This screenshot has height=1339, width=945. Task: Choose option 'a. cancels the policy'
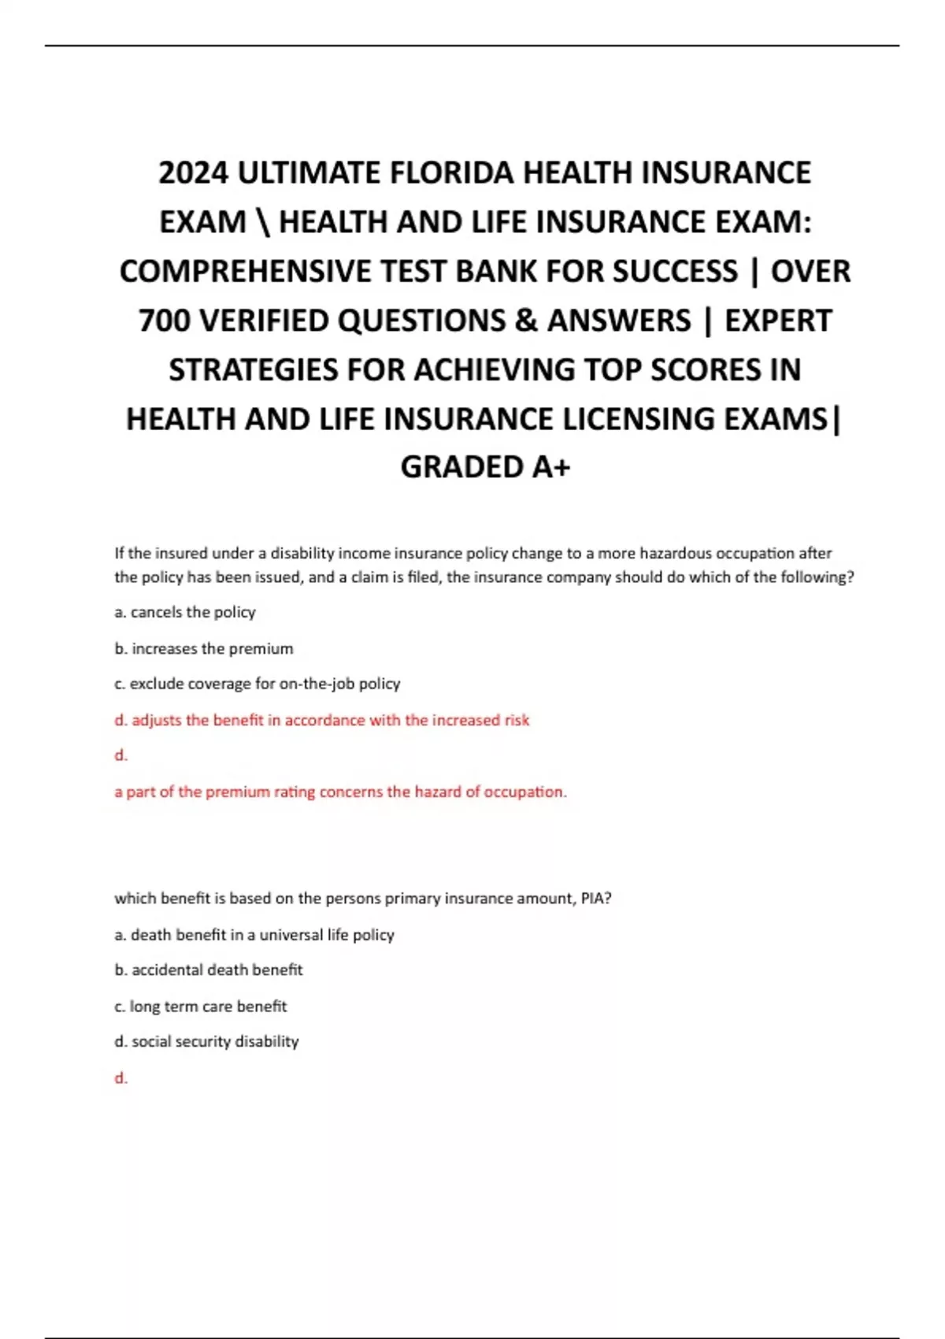pos(185,612)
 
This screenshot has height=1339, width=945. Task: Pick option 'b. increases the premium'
pos(204,648)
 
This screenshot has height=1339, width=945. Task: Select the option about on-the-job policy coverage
pos(258,684)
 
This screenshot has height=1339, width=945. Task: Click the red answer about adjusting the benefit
pos(322,720)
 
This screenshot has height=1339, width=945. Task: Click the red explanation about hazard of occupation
pos(340,792)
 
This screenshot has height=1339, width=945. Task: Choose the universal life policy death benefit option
pos(254,935)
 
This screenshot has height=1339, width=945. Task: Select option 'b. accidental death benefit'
pos(209,970)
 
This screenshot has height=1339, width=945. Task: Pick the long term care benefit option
pos(201,1006)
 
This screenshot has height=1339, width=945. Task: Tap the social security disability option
pos(206,1041)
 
